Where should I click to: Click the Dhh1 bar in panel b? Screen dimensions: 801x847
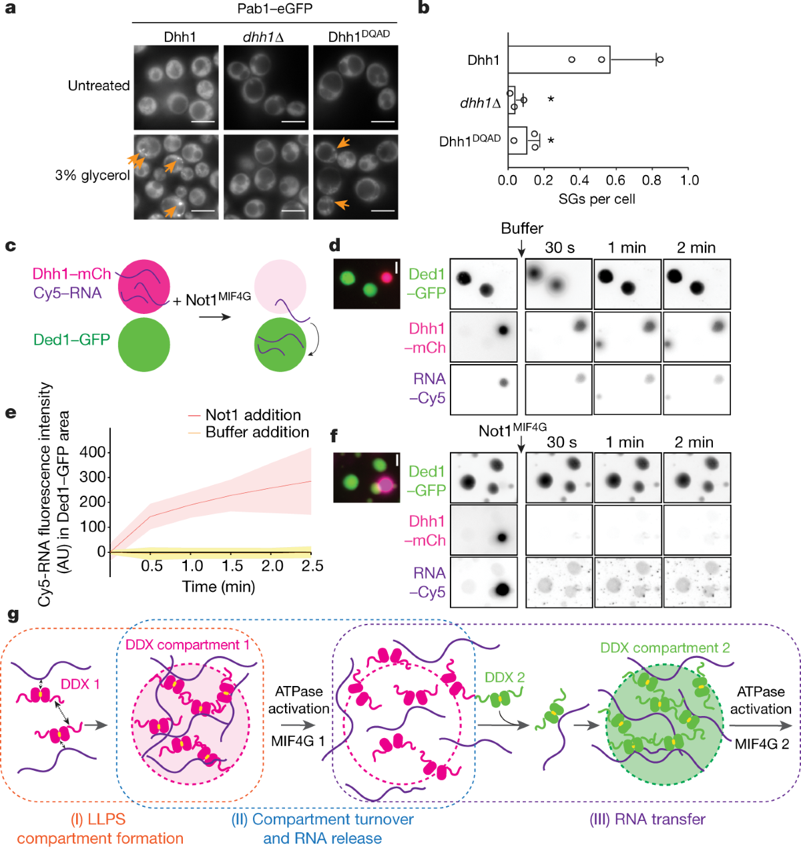pyautogui.click(x=559, y=59)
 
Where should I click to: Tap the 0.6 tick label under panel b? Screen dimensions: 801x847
pyautogui.click(x=615, y=180)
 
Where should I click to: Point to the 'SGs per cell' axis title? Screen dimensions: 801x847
pyautogui.click(x=597, y=199)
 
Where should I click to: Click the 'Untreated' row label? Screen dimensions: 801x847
pyautogui.click(x=99, y=86)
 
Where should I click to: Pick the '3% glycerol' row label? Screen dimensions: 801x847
pyautogui.click(x=93, y=176)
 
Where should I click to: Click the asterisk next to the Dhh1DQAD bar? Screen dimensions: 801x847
pyautogui.click(x=551, y=142)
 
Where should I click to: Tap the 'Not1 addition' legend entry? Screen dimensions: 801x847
pyautogui.click(x=253, y=415)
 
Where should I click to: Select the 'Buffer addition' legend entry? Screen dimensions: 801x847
pyautogui.click(x=257, y=432)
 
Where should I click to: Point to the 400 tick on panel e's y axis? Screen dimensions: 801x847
pyautogui.click(x=92, y=452)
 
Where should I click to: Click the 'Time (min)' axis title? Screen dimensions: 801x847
pyautogui.click(x=218, y=586)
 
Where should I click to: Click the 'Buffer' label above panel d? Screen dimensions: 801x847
pyautogui.click(x=522, y=228)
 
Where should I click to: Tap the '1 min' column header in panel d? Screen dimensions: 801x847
pyautogui.click(x=627, y=248)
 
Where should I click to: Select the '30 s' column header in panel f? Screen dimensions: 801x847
pyautogui.click(x=561, y=442)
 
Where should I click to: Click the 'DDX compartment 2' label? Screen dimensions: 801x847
pyautogui.click(x=665, y=648)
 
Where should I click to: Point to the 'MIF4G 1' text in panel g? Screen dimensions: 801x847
pyautogui.click(x=298, y=741)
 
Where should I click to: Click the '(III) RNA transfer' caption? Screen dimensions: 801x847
pyautogui.click(x=647, y=819)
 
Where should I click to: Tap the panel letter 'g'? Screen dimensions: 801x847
pyautogui.click(x=12, y=614)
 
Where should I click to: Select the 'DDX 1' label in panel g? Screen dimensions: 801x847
pyautogui.click(x=79, y=684)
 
